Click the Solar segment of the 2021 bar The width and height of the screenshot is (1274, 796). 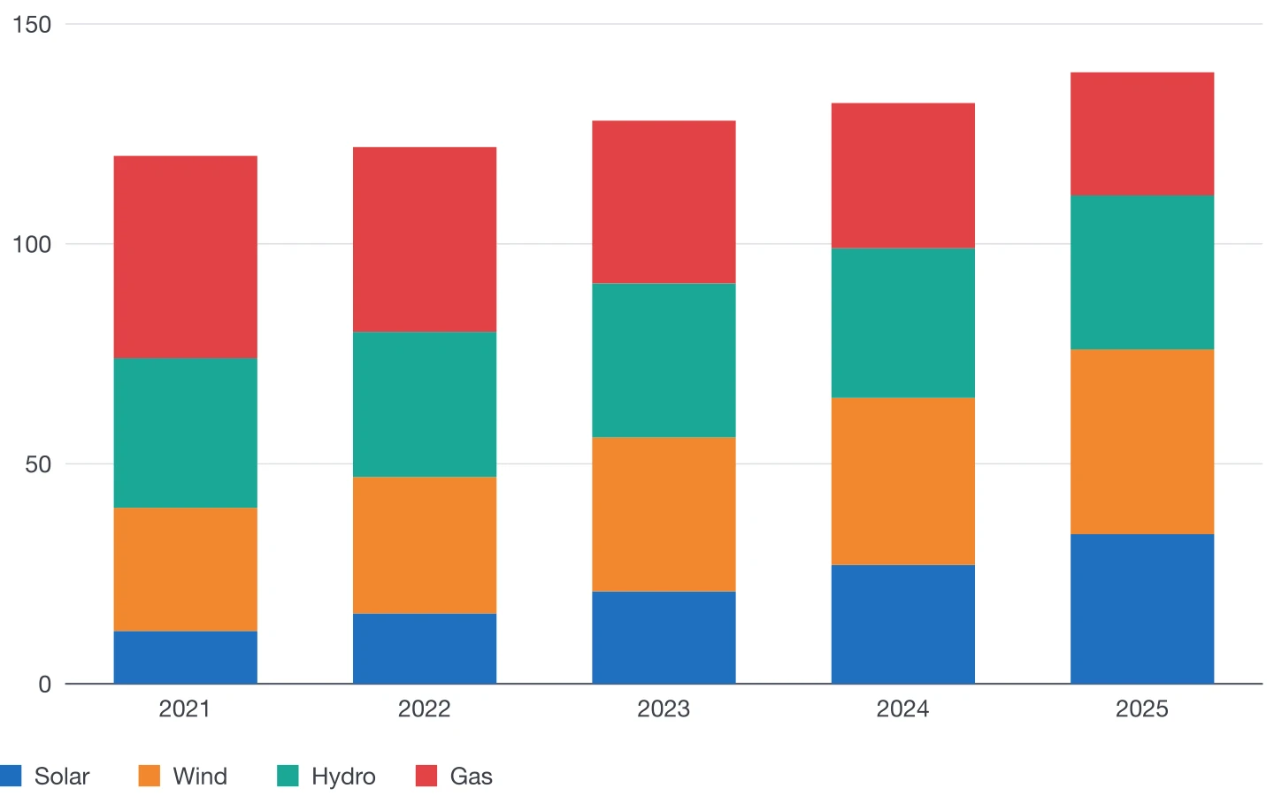click(x=186, y=657)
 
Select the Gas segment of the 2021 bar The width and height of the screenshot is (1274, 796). click(x=186, y=257)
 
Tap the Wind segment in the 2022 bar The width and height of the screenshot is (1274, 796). click(x=425, y=545)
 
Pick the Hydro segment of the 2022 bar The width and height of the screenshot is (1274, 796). click(x=425, y=404)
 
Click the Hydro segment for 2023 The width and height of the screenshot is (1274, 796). click(x=664, y=361)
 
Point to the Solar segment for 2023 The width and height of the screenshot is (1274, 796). click(x=664, y=638)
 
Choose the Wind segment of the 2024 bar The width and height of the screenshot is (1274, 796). click(x=903, y=481)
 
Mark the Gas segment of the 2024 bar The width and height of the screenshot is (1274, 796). click(x=903, y=176)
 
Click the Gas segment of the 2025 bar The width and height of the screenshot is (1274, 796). click(x=1142, y=134)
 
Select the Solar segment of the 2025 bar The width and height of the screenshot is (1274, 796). click(x=1142, y=608)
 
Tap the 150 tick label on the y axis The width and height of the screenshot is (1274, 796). click(x=32, y=25)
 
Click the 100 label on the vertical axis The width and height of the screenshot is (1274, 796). click(x=32, y=244)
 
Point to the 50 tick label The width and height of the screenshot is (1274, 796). click(x=38, y=464)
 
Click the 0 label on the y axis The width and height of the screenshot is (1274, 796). click(x=45, y=684)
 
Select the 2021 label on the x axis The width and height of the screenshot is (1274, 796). click(x=185, y=709)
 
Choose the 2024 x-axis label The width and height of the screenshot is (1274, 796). click(x=902, y=709)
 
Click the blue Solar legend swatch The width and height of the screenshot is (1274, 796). click(x=11, y=777)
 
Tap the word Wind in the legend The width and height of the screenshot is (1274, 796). click(x=200, y=777)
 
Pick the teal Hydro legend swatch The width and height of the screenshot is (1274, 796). click(x=288, y=777)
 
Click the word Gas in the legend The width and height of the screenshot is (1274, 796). click(x=471, y=777)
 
